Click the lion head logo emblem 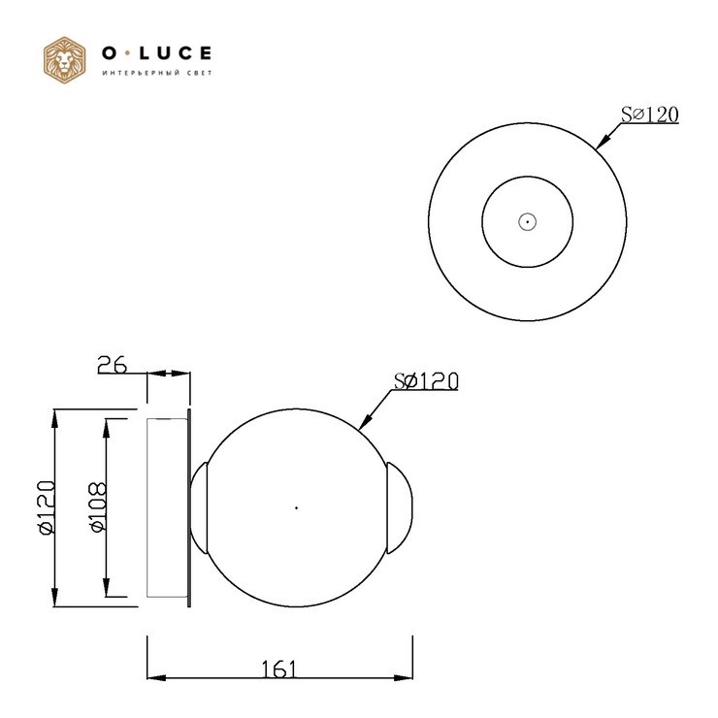pos(65,60)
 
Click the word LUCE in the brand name pos(175,53)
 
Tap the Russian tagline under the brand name pos(157,74)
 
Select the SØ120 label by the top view pos(649,114)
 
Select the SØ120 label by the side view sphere pos(426,381)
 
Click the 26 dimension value pos(113,365)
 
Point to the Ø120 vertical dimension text pos(47,507)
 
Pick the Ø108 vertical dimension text pos(98,507)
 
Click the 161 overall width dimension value pos(278,669)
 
